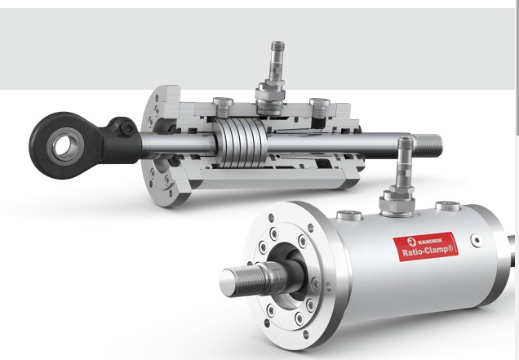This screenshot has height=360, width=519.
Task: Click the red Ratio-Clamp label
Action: (x=426, y=247)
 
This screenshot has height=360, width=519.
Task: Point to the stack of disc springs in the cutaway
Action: (x=240, y=142)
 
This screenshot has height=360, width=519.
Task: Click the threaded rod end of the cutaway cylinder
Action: (x=428, y=145)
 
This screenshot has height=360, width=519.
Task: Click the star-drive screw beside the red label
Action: (x=476, y=241)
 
